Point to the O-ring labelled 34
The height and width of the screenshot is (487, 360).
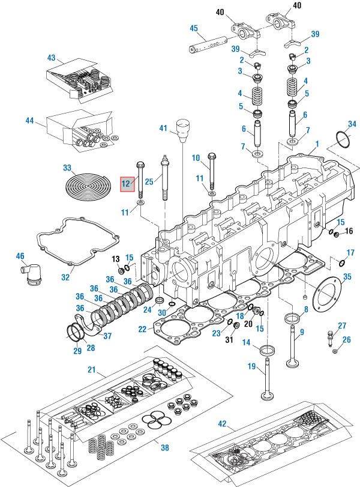point(343,141)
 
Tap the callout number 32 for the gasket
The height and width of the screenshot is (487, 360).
point(66,277)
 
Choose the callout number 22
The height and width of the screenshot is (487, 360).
point(142,328)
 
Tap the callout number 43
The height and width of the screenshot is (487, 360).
point(51,58)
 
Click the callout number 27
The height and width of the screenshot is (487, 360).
point(341,325)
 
